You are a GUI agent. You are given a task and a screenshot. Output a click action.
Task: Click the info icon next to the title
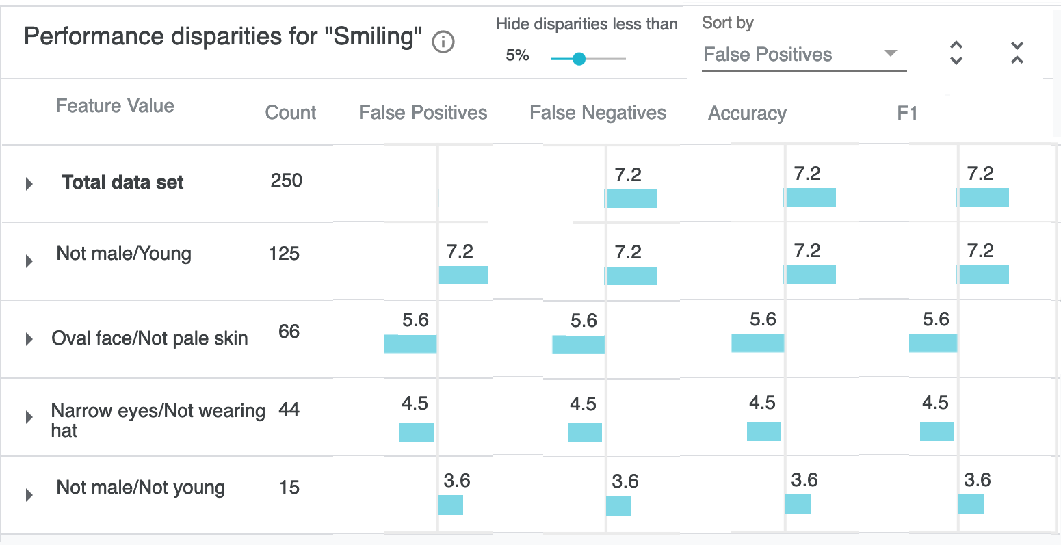coord(443,42)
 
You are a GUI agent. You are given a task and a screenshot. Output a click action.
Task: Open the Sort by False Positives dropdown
coord(804,55)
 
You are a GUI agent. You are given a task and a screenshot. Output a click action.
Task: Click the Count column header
coord(291,113)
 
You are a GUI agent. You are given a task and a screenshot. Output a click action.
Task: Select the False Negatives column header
coord(598,113)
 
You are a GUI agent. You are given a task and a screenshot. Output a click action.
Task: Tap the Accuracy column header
coord(747,114)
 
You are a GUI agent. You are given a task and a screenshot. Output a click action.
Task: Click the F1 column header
coord(907,113)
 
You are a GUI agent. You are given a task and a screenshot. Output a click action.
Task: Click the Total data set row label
coord(122,183)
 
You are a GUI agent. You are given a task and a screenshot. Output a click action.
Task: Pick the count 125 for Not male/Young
coord(284,254)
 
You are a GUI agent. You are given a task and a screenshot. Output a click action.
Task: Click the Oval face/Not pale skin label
coord(150,338)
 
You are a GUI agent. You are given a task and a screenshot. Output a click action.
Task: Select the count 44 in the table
coord(289,410)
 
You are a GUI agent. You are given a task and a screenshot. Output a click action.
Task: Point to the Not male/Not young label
coord(141,488)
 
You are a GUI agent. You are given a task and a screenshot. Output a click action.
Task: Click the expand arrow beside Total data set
coord(29,183)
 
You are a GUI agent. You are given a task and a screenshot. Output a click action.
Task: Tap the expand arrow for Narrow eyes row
coord(29,416)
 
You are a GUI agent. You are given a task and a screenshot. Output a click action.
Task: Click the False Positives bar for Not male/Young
coord(463,275)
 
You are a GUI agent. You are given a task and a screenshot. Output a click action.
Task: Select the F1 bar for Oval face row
coord(932,343)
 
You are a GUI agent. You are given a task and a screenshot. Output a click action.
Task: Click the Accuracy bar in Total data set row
coord(811,198)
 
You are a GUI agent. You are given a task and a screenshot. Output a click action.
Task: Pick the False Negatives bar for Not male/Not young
coord(618,505)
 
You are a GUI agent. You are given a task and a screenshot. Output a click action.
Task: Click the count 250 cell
coord(286,181)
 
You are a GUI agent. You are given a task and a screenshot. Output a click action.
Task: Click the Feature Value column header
coord(115,106)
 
